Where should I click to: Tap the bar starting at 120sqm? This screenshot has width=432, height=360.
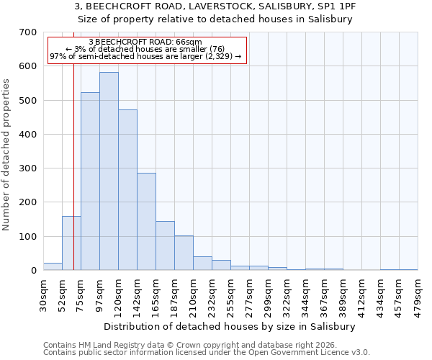point(127,190)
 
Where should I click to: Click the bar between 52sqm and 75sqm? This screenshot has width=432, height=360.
point(71,243)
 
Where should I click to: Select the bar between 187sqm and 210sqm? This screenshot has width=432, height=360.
point(184,253)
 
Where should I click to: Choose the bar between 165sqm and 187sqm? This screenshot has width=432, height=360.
point(165,246)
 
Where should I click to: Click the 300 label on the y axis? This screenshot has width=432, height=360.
point(28,168)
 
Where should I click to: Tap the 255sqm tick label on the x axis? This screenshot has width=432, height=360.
point(231,294)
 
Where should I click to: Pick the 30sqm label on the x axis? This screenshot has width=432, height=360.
point(44,294)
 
